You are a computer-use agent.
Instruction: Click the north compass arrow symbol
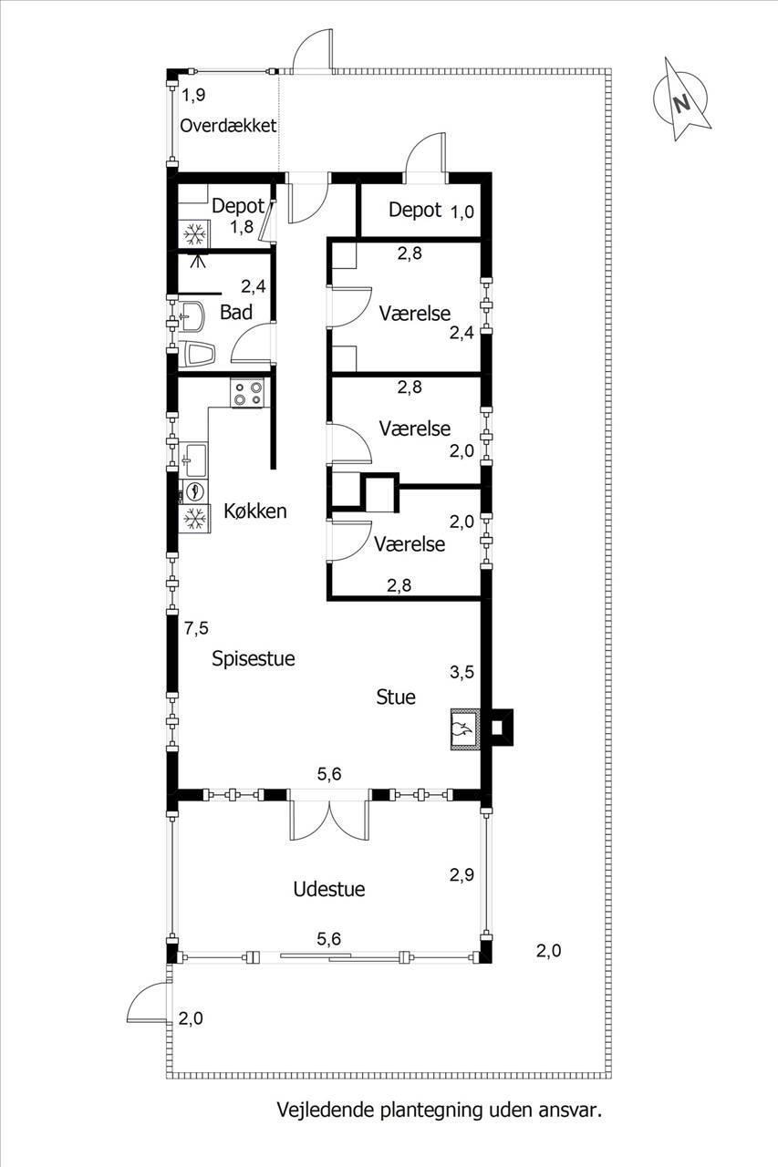pos(681,99)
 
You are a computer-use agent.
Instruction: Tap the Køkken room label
pos(255,511)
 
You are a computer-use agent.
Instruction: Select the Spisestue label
pos(254,659)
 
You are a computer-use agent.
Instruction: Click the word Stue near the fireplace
pos(396,697)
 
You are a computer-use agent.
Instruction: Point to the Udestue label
pos(329,889)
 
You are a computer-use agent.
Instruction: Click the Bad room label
pos(236,313)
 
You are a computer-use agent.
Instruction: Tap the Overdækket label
pos(228,126)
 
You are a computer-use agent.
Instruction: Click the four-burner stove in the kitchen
pos(247,393)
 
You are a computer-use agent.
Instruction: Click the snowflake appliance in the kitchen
pos(194,519)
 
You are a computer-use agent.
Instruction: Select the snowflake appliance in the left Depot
pos(194,234)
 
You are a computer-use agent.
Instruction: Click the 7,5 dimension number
pos(196,629)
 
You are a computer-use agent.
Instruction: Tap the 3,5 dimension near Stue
pos(462,672)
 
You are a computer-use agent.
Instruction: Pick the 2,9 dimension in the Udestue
pos(462,874)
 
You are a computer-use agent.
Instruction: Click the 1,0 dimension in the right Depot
pos(462,212)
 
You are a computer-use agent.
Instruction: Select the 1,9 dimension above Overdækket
pos(193,95)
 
